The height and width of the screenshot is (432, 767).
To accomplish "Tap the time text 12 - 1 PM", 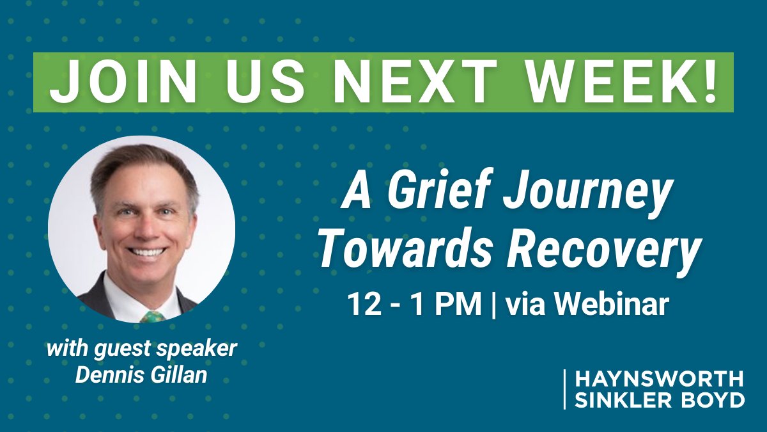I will (414, 304).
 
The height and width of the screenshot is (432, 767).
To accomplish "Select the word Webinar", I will (611, 304).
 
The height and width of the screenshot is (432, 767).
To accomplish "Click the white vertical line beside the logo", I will (565, 389).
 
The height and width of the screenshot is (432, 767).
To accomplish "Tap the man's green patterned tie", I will (152, 316).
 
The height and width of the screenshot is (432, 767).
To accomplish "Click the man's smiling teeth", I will (148, 252).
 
